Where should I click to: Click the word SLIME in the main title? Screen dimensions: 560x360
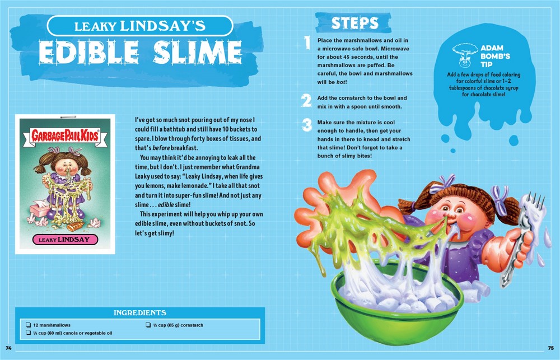tap(198, 52)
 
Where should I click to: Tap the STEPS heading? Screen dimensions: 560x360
tap(354, 23)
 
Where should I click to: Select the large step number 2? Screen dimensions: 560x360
tap(306, 100)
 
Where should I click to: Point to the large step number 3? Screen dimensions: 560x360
tap(306, 125)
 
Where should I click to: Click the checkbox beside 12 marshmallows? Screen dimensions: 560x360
tap(28, 325)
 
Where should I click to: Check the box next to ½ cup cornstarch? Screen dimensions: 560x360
tap(148, 325)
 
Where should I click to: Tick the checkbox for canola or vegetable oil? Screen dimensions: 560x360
tap(28, 333)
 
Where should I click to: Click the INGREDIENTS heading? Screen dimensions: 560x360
tap(140, 313)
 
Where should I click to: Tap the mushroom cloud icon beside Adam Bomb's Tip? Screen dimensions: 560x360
tap(465, 55)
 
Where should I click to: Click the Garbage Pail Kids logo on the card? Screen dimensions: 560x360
tap(64, 135)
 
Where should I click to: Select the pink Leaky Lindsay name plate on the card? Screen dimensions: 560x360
tap(65, 239)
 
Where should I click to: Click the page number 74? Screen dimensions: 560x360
tap(8, 348)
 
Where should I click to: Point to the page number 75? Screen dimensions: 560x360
tap(551, 348)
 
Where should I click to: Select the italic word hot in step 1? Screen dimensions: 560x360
tap(340, 82)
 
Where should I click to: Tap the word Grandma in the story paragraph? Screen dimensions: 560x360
tap(248, 167)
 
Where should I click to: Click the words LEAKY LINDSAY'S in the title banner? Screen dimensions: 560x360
tap(140, 26)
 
